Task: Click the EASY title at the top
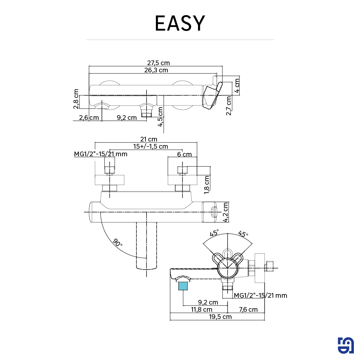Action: [180, 23]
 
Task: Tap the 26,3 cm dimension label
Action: [156, 70]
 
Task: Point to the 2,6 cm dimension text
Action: [89, 117]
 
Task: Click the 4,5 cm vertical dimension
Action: [160, 117]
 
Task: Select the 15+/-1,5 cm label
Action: [150, 147]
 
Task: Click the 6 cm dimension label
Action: [184, 154]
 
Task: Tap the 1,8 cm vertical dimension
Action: [207, 185]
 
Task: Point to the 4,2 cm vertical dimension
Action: [226, 212]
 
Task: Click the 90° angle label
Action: [117, 242]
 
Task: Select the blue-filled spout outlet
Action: [183, 286]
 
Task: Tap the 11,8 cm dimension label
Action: [202, 310]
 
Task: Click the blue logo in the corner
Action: [346, 346]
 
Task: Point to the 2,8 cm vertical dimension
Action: [76, 99]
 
